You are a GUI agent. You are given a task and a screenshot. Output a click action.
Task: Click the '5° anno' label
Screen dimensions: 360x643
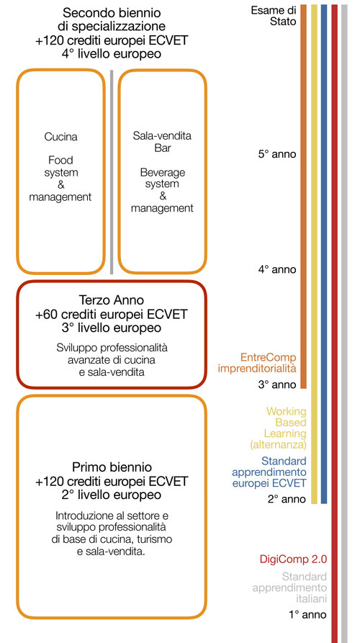pyautogui.click(x=276, y=155)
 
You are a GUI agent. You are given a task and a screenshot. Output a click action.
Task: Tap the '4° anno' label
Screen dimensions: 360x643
pyautogui.click(x=276, y=269)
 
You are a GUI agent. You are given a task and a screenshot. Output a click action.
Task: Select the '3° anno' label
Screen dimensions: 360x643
pyautogui.click(x=276, y=385)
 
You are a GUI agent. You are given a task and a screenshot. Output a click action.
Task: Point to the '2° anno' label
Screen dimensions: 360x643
pyautogui.click(x=287, y=499)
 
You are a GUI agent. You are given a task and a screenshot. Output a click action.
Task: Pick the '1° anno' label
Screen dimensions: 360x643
pyautogui.click(x=307, y=614)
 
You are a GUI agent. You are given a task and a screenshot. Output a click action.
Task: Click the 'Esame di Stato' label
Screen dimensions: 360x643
pyautogui.click(x=274, y=16)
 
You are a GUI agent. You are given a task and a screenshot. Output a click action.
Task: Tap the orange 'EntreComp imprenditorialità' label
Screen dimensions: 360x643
pyautogui.click(x=257, y=362)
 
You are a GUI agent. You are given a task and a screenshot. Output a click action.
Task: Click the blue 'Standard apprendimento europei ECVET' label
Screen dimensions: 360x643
pyautogui.click(x=269, y=472)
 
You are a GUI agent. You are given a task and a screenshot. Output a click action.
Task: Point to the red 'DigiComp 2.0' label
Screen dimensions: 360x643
pyautogui.click(x=293, y=559)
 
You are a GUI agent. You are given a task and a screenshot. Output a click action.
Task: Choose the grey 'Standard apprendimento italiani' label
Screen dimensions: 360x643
pyautogui.click(x=289, y=588)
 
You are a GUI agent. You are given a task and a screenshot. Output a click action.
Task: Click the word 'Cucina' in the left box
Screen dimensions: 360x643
pyautogui.click(x=60, y=137)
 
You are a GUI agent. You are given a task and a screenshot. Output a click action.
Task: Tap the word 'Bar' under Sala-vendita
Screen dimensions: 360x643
pyautogui.click(x=163, y=148)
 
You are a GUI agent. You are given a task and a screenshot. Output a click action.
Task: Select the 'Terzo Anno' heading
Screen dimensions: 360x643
pyautogui.click(x=112, y=300)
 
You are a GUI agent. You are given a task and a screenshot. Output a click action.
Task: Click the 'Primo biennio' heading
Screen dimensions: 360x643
pyautogui.click(x=112, y=467)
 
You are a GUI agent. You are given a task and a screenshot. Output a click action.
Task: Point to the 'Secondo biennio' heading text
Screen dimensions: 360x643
pyautogui.click(x=112, y=13)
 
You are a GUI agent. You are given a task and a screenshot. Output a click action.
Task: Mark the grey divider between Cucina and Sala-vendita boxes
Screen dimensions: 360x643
pyautogui.click(x=112, y=171)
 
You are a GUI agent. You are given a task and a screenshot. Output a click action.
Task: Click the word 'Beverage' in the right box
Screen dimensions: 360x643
pyautogui.click(x=163, y=171)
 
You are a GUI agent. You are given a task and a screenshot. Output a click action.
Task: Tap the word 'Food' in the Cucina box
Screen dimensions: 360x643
pyautogui.click(x=60, y=160)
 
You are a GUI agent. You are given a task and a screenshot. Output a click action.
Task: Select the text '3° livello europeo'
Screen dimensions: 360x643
pyautogui.click(x=112, y=328)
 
